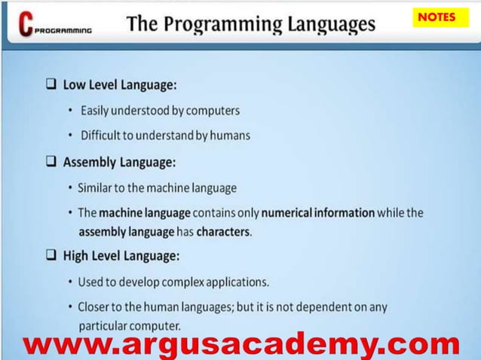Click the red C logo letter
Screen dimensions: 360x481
pyautogui.click(x=26, y=26)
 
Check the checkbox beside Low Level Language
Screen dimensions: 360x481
pyautogui.click(x=51, y=84)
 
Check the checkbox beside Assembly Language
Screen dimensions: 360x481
pyautogui.click(x=51, y=161)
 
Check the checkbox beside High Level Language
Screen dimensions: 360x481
pyautogui.click(x=51, y=255)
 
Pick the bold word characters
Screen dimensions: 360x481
pyautogui.click(x=223, y=231)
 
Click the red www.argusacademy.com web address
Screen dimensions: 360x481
pyautogui.click(x=240, y=345)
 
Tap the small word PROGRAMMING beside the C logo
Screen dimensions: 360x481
pyautogui.click(x=65, y=32)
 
